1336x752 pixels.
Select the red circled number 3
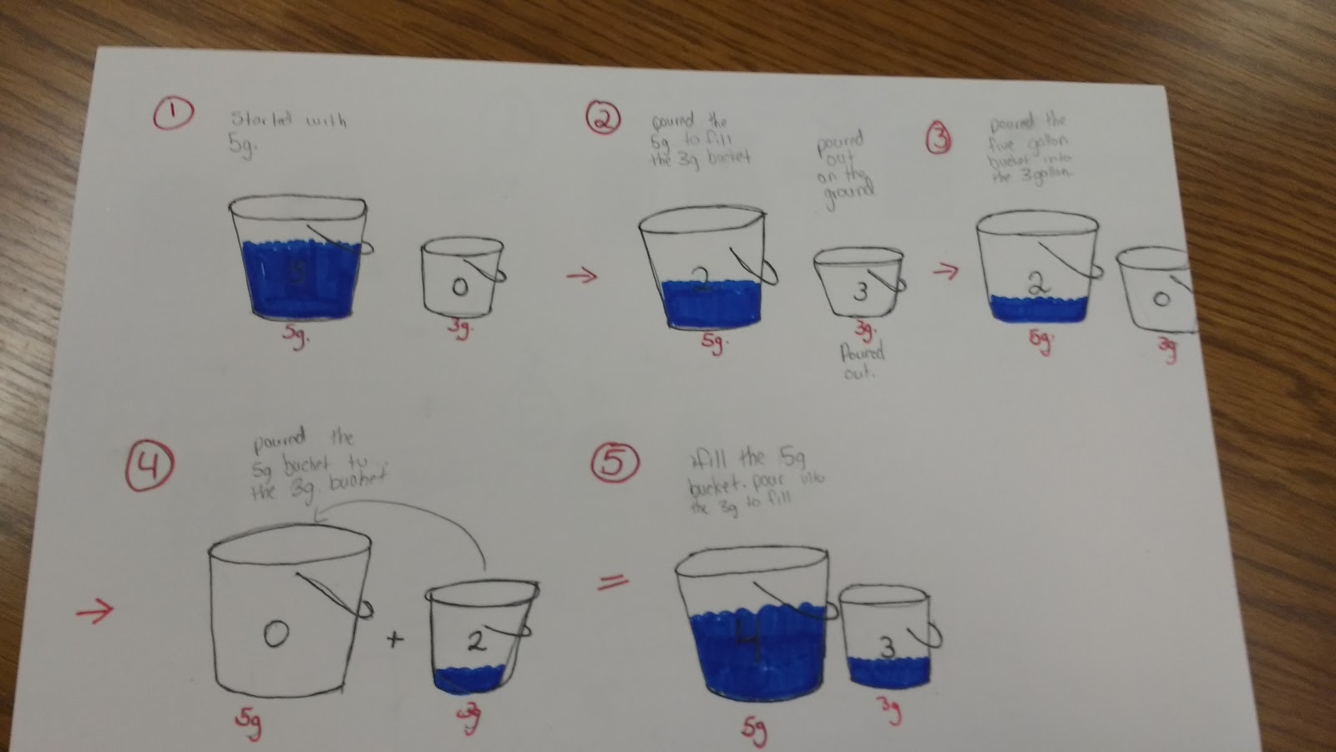(x=939, y=140)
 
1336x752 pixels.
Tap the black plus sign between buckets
(x=394, y=639)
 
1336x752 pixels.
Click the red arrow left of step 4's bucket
(x=94, y=613)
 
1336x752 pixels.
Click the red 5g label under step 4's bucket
(x=249, y=724)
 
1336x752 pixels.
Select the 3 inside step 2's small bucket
(x=861, y=292)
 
